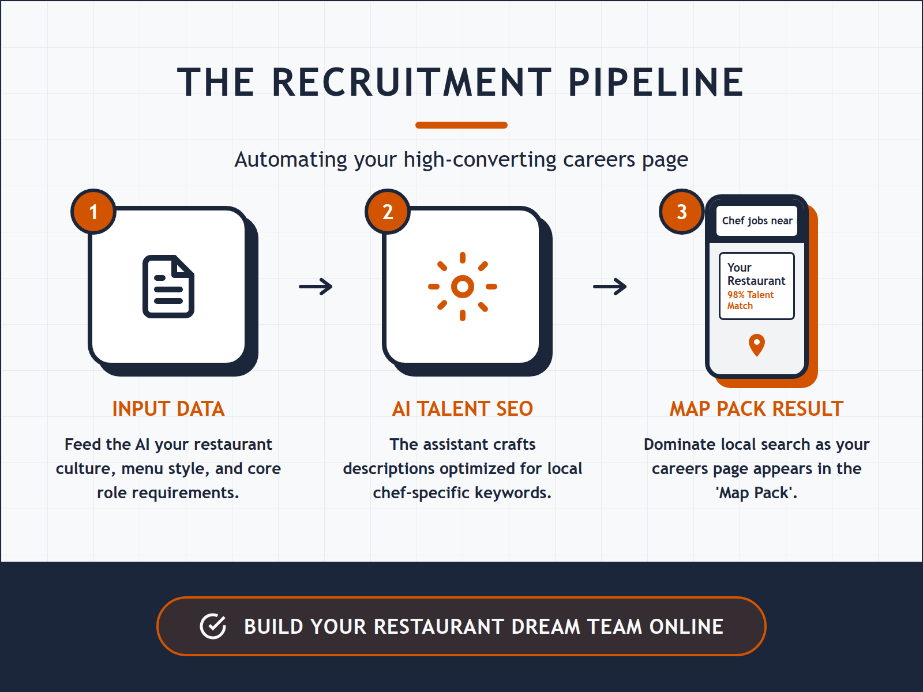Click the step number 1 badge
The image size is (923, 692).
(x=93, y=212)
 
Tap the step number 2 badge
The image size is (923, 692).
(x=388, y=212)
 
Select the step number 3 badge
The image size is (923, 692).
(x=682, y=212)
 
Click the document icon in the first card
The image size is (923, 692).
(x=168, y=287)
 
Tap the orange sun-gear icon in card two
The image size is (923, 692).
(x=463, y=287)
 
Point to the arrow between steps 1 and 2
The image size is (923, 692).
(x=316, y=287)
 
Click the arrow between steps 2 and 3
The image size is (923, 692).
(x=610, y=287)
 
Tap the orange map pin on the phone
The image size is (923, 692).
(x=756, y=345)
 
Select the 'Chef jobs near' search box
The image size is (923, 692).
(x=757, y=221)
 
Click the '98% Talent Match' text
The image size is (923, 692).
(x=750, y=300)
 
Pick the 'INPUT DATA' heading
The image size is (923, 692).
(x=168, y=409)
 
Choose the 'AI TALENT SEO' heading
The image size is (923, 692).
(x=463, y=409)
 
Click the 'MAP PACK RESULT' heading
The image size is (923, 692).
(x=756, y=409)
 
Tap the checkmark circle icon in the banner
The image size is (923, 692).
(x=213, y=626)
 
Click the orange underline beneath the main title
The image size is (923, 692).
(x=461, y=125)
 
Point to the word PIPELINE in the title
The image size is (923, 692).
(x=656, y=82)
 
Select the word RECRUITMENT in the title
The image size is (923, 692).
(x=411, y=82)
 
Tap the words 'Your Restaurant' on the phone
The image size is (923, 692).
(x=756, y=274)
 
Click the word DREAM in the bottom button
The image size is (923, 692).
(x=545, y=627)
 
